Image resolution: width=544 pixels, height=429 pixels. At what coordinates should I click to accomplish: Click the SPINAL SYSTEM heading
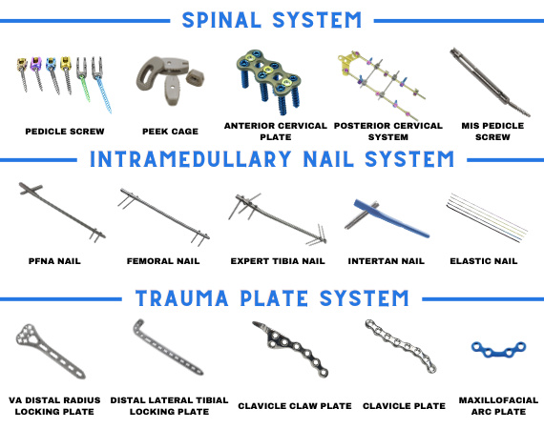272,20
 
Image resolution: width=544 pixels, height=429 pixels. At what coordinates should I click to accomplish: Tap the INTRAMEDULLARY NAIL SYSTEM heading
272,159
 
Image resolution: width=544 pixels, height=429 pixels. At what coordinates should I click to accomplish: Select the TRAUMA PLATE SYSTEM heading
272,298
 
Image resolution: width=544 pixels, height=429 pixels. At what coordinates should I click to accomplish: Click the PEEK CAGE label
170,132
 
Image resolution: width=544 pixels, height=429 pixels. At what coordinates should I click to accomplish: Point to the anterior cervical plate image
269,81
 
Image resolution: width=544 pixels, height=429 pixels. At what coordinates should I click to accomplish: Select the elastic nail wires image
487,217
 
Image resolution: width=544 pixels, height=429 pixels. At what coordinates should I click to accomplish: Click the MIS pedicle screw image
490,81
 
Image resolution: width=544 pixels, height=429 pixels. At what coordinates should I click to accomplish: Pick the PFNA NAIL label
54,261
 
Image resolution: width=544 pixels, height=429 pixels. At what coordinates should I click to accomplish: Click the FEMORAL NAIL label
163,261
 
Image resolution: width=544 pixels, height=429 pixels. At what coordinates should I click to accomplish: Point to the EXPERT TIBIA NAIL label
278,261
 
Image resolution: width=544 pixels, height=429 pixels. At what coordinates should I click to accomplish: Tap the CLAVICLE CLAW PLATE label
295,406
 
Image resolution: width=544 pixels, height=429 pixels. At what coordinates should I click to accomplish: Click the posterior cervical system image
382,85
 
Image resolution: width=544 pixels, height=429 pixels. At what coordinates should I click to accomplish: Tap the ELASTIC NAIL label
484,261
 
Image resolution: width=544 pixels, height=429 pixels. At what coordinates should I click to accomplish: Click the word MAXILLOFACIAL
498,400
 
